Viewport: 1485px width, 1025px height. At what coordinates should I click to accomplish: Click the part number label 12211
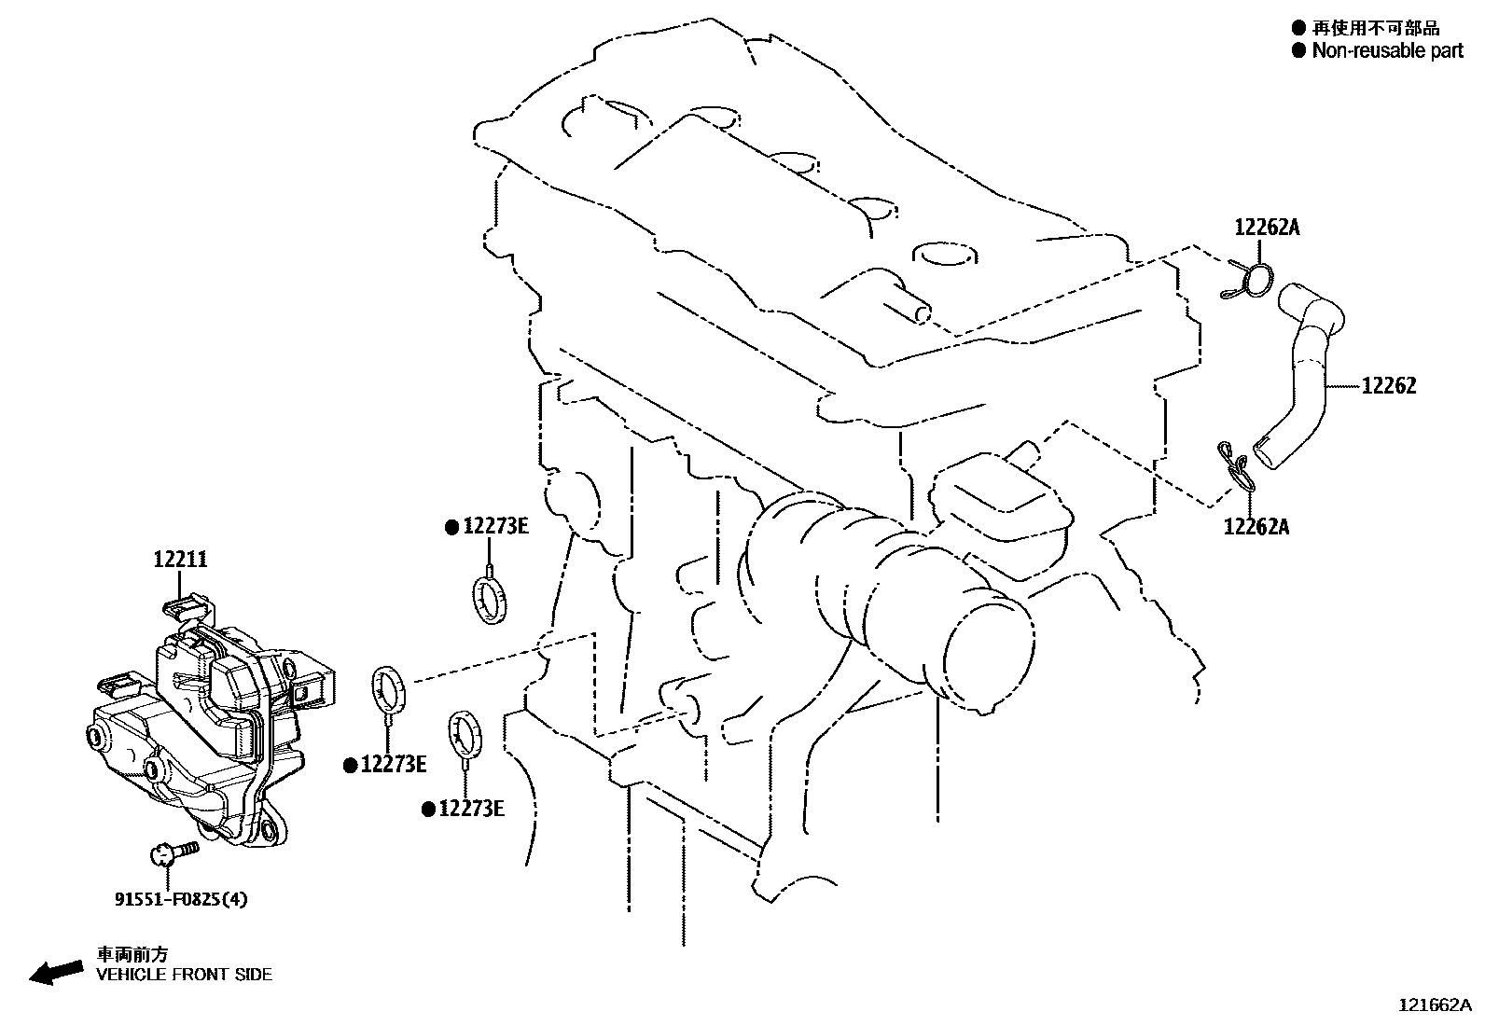pos(181,560)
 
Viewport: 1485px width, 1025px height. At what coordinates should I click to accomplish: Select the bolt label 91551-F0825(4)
pos(182,899)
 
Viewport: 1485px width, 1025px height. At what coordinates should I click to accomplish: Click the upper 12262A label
pos(1267,227)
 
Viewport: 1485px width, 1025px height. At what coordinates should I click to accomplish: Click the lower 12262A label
pos(1256,527)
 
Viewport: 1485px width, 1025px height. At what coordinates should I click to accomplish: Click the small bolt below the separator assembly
pos(173,852)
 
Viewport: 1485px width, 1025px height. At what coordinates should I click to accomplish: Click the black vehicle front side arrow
pos(54,971)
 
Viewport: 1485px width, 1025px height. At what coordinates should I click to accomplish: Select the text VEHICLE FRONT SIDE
pos(185,975)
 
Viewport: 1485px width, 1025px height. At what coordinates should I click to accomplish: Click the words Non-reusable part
pos(1387,51)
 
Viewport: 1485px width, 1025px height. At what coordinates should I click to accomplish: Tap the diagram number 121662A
pos(1434,1005)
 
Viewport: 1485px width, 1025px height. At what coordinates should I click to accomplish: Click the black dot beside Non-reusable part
pos(1298,50)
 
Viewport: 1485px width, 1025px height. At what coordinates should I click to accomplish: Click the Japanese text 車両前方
pos(132,954)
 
